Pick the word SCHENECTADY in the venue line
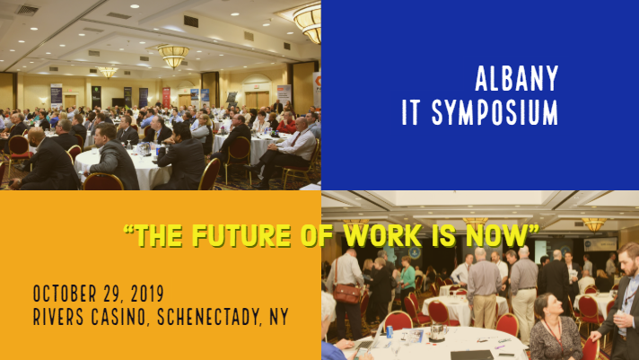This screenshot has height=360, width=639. [224, 317]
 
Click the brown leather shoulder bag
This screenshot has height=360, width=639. [346, 293]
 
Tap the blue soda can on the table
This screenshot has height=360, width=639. [390, 332]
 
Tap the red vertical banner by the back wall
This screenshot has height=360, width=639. [166, 97]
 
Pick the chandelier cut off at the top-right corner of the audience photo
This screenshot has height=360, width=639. [309, 20]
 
